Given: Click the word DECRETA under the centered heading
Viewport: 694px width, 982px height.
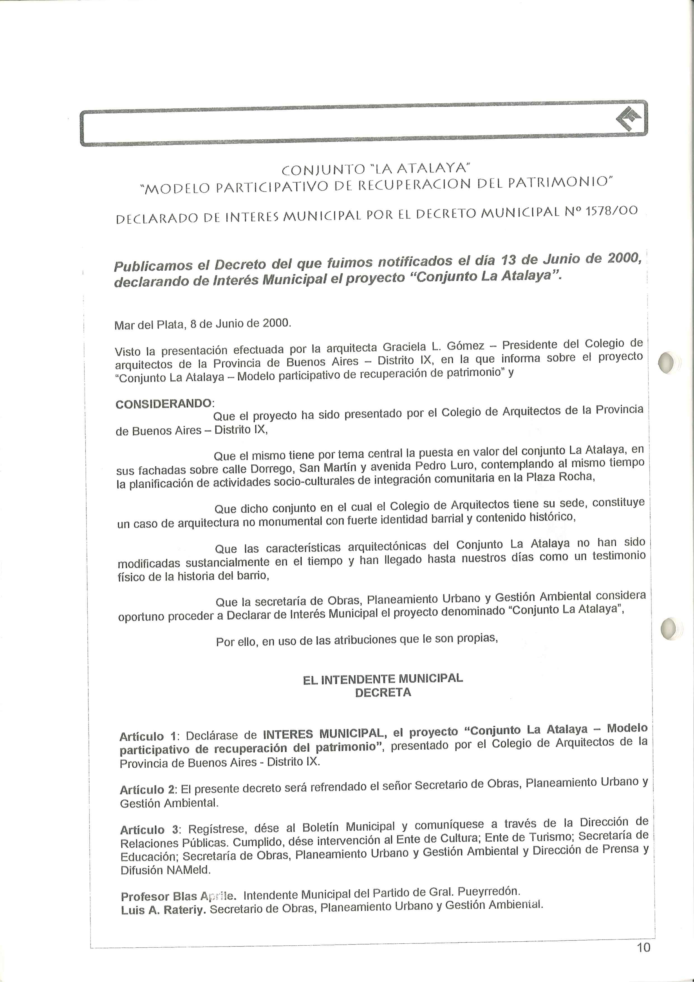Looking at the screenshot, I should coord(383,693).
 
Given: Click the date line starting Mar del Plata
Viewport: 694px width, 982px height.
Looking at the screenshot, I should coord(203,324).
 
